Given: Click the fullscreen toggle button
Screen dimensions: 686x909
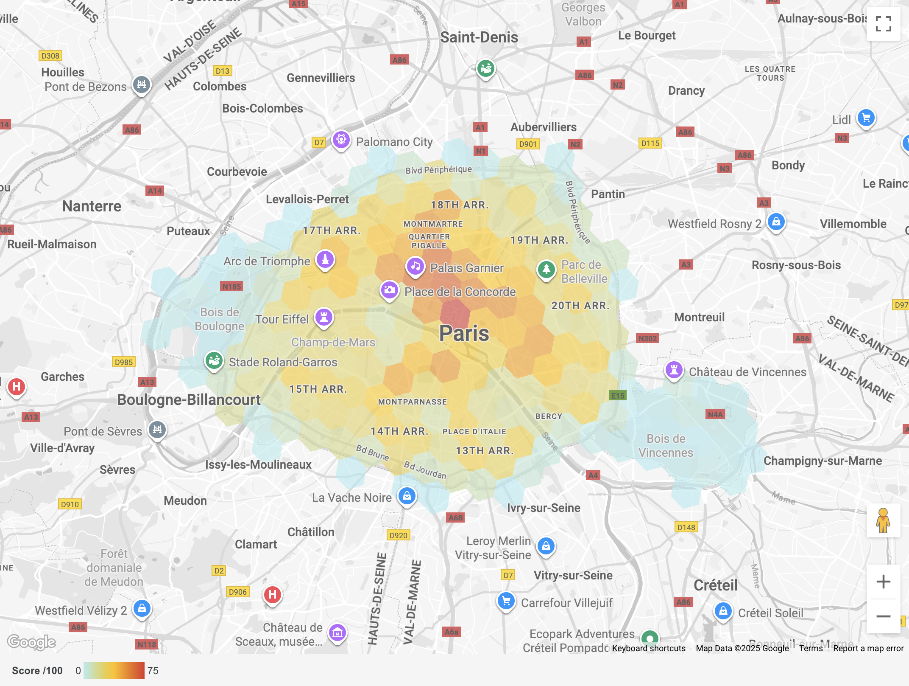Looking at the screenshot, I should (x=883, y=24).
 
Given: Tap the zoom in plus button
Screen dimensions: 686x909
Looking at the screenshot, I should (x=883, y=582).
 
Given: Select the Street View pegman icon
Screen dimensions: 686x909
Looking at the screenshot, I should (x=883, y=520).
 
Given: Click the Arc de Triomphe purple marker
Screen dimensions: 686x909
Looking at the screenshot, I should (x=325, y=259).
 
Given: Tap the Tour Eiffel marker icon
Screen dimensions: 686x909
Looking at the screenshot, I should (x=324, y=318).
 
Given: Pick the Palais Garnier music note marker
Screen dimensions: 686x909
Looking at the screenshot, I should (x=415, y=267).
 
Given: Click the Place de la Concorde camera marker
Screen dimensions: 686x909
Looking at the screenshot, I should (x=389, y=290).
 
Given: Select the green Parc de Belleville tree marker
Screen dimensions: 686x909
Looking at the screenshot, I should (x=547, y=269).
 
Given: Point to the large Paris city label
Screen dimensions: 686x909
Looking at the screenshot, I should (x=464, y=333).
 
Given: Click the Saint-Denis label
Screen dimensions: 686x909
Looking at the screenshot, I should (x=479, y=37).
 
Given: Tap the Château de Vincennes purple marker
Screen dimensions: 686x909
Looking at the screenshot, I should (x=674, y=370).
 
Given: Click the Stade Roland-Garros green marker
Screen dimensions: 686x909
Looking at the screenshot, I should (x=214, y=361).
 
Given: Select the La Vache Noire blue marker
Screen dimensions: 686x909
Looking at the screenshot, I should (x=407, y=496).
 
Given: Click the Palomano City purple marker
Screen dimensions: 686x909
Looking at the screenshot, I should (x=341, y=140).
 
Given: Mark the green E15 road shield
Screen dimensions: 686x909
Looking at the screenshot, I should (x=617, y=396).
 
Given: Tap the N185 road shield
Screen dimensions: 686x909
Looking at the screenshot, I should (x=231, y=287).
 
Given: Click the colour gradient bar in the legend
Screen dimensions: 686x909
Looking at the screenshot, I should (x=114, y=671).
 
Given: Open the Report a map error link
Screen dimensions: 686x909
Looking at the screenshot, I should (x=868, y=648).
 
